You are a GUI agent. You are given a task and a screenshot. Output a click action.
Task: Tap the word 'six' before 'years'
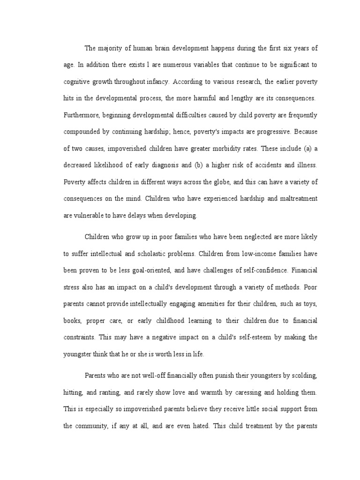coord(276,48)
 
